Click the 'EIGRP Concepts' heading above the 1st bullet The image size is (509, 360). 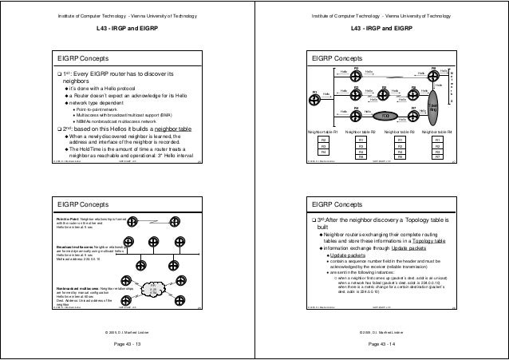(83, 58)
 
